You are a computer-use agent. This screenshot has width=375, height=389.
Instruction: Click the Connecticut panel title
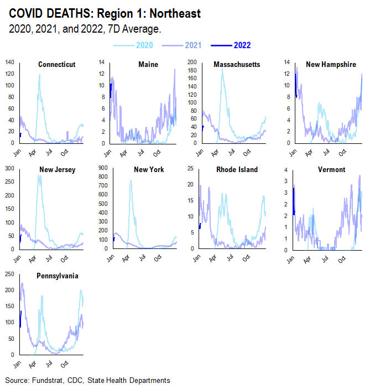pos(56,65)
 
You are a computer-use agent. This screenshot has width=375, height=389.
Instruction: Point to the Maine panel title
pos(148,65)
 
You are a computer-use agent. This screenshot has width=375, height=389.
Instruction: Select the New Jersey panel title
pos(57,170)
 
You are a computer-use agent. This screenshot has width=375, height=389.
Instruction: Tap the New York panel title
pos(148,170)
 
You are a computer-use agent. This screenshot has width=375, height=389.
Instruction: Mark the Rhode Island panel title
pos(237,170)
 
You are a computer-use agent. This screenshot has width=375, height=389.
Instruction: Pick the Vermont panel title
pos(332,170)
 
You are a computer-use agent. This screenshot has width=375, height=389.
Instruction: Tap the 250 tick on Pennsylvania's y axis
pos(9,273)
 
